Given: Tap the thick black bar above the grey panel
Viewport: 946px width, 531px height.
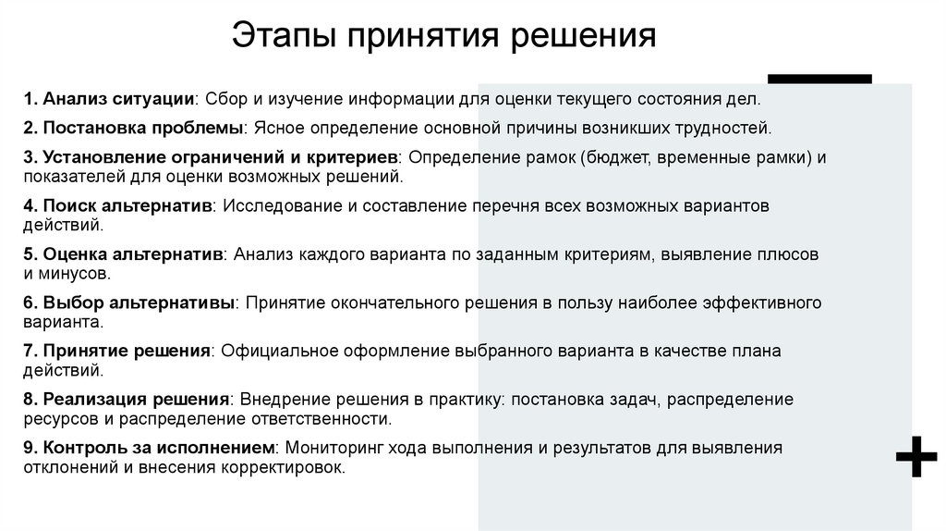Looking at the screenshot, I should (x=820, y=79).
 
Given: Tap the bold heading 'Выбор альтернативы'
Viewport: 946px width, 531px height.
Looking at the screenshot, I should (x=136, y=303).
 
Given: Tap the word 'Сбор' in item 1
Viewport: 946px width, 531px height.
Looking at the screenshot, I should (x=224, y=99).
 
